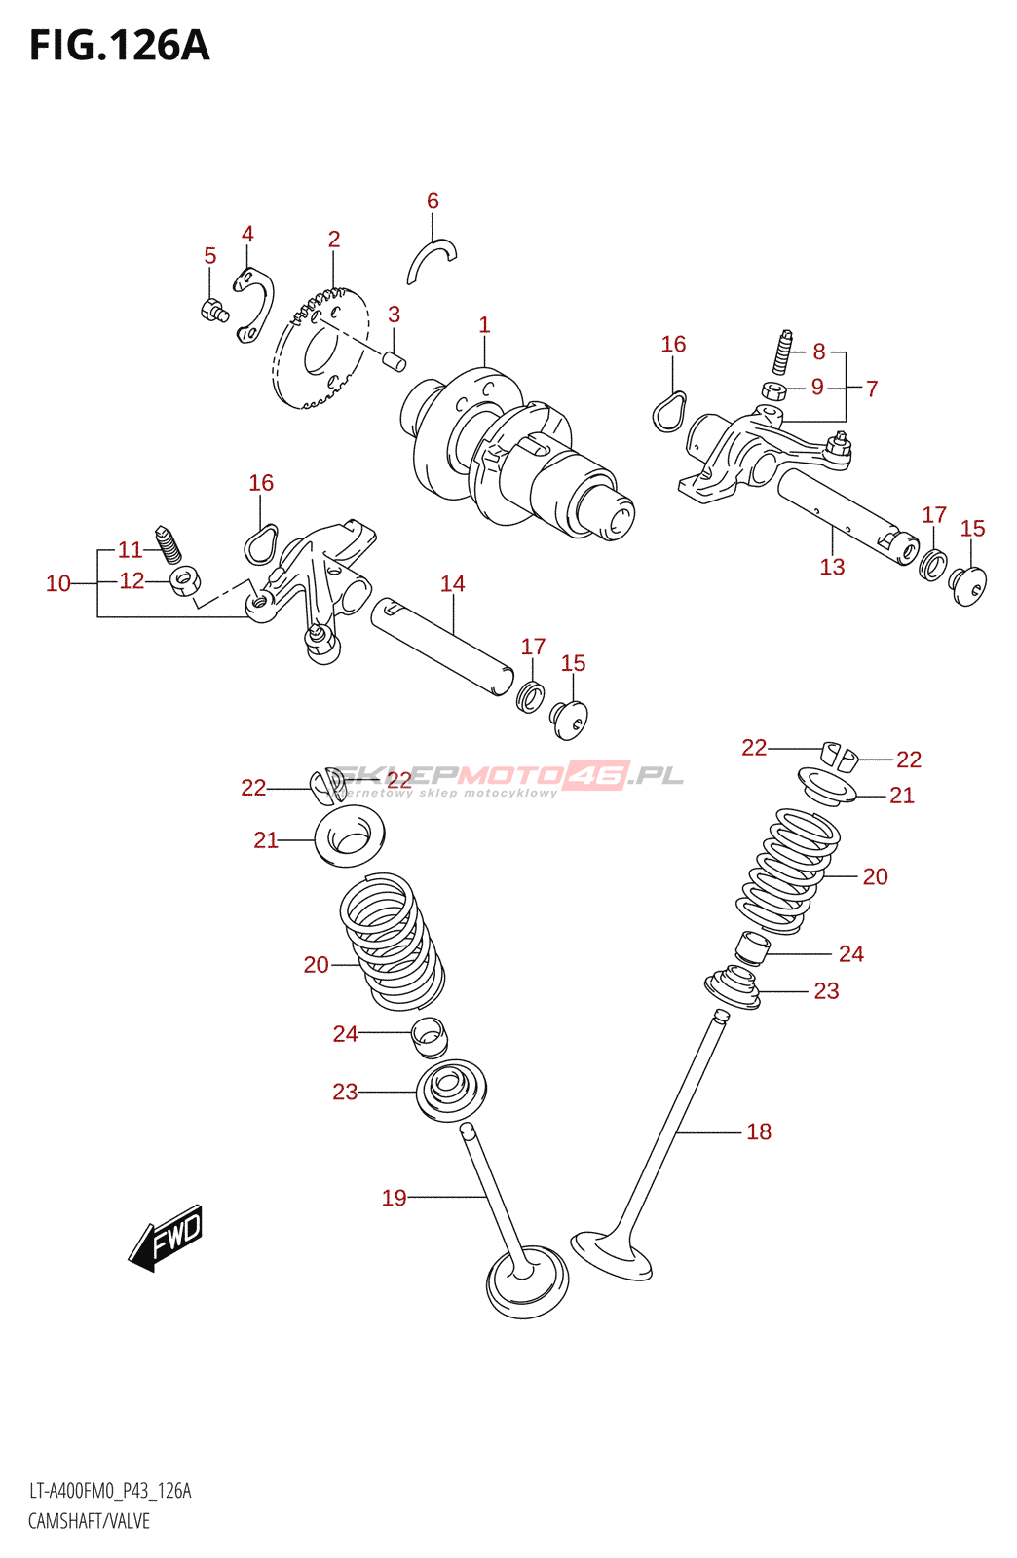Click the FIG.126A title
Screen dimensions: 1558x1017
coord(119,46)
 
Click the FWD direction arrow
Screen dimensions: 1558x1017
coord(167,1238)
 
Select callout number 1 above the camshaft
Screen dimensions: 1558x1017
coord(484,325)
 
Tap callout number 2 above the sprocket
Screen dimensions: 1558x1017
coord(334,240)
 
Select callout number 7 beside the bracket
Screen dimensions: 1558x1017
coord(872,389)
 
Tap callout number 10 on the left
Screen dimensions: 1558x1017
coord(58,583)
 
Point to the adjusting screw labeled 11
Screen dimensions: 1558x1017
coord(169,544)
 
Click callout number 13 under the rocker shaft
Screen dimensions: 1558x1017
coord(832,567)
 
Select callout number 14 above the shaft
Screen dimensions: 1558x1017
coord(452,584)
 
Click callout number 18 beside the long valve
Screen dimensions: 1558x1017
coord(759,1131)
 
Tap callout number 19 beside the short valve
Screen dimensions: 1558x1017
coord(394,1198)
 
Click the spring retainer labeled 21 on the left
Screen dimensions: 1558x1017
coord(350,835)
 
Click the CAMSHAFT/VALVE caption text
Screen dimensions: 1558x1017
coord(89,1521)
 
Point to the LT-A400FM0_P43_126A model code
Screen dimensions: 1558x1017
coord(110,1491)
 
